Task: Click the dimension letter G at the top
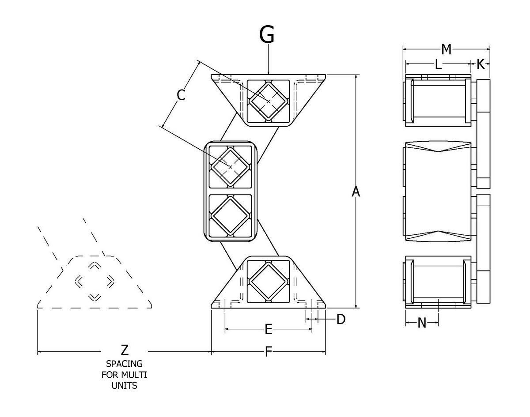[267, 34]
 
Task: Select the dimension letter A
[356, 192]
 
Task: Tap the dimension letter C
[181, 94]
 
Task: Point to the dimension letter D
[341, 319]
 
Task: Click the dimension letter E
[268, 329]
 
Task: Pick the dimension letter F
[268, 352]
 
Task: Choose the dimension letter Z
[125, 351]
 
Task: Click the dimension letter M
[446, 49]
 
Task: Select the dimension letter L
[438, 65]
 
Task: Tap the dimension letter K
[481, 65]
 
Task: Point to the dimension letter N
[422, 323]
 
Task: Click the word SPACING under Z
[125, 364]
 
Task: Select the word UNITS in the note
[125, 386]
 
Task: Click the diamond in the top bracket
[268, 101]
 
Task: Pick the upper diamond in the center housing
[230, 166]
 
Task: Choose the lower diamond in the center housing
[230, 215]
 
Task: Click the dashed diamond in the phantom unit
[94, 281]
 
